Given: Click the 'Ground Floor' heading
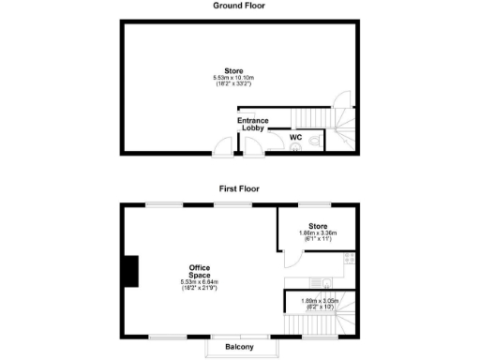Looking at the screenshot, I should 239,6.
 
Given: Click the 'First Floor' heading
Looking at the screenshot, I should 239,188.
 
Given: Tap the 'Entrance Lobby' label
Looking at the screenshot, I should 252,124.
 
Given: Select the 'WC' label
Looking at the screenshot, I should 295,138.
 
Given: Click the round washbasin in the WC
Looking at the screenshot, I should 271,147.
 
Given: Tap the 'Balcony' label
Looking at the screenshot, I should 240,348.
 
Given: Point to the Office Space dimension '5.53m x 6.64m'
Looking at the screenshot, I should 200,282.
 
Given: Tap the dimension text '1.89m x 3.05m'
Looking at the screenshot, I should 318,300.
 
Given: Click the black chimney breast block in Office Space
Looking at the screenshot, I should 129,272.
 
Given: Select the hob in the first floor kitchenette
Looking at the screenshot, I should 349,259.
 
